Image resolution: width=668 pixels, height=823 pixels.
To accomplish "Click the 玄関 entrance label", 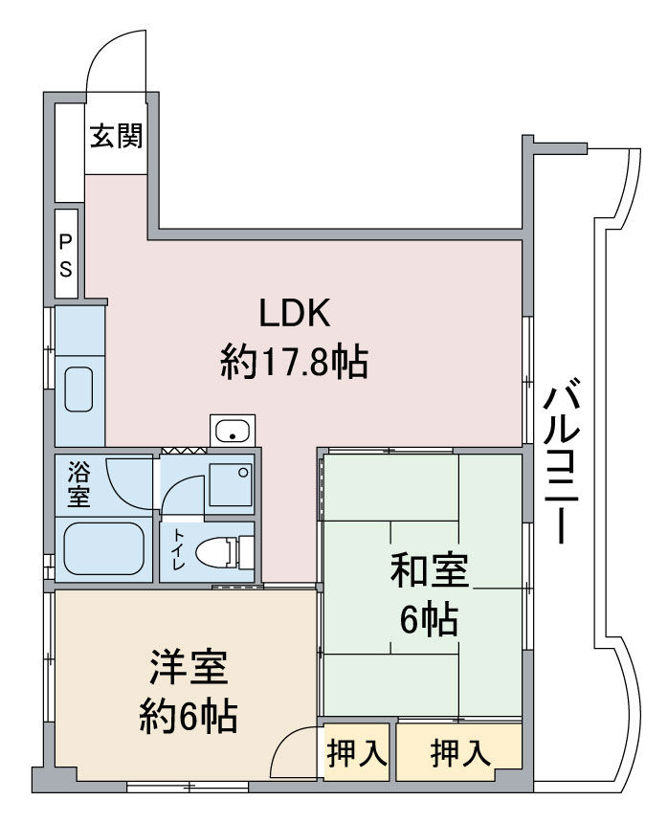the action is [x=117, y=137].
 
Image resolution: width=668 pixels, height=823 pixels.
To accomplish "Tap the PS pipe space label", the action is [x=66, y=256].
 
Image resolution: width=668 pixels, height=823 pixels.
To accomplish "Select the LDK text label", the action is [x=296, y=313].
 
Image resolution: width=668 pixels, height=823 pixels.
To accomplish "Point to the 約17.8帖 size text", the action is [x=294, y=362].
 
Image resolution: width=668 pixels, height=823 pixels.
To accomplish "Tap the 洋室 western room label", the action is [x=189, y=667].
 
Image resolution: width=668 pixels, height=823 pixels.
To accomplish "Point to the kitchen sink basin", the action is [x=78, y=389].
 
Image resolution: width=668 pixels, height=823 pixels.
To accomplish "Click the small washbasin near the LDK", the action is [x=233, y=431].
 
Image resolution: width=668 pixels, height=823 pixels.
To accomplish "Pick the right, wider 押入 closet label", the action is [x=460, y=754].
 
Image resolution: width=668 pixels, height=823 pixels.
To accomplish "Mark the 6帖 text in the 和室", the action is [x=430, y=619].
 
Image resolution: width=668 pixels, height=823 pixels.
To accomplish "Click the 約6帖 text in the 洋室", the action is [x=189, y=716].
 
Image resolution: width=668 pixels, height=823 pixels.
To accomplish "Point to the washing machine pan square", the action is [x=231, y=484].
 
